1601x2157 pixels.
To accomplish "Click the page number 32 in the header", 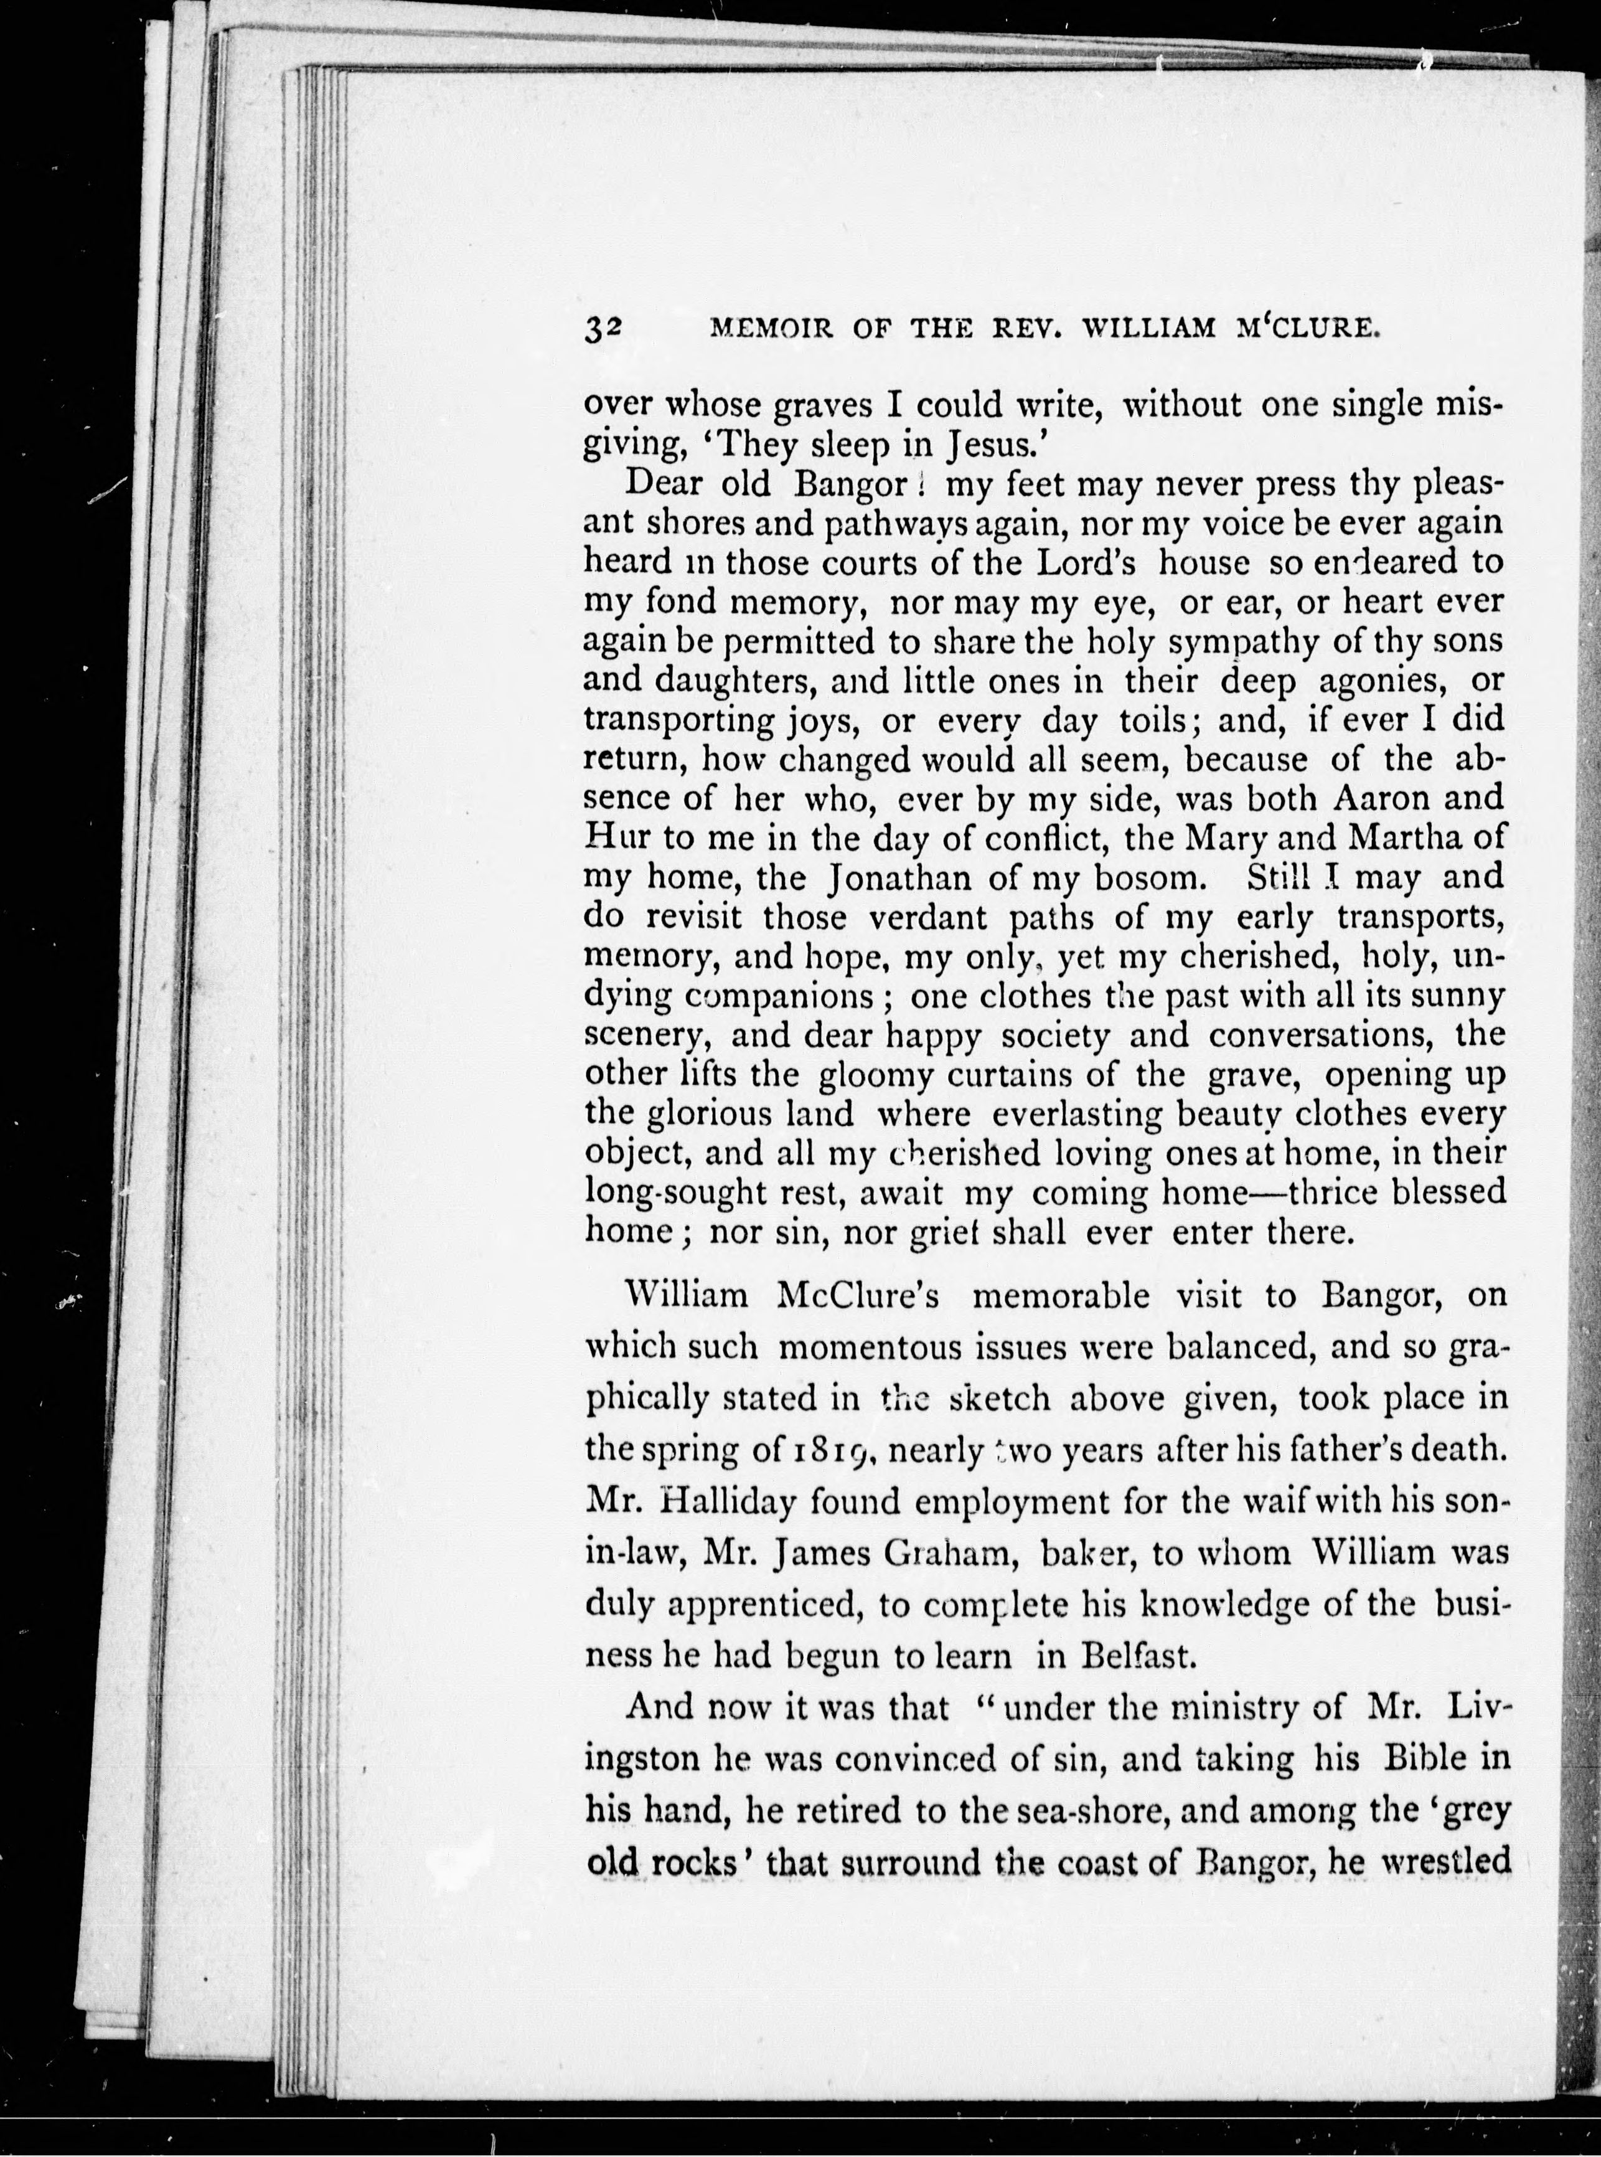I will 603,329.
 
